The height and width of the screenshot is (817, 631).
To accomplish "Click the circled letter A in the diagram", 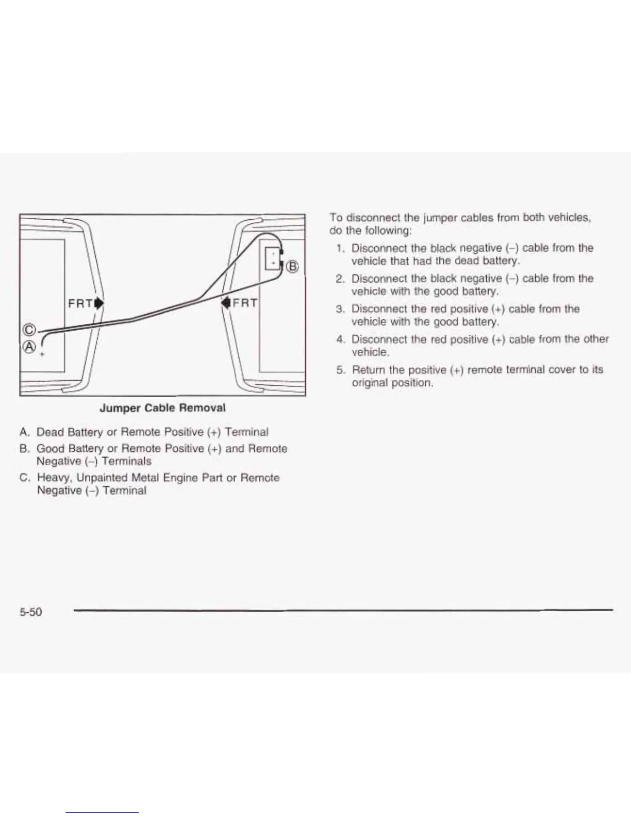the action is coord(29,347).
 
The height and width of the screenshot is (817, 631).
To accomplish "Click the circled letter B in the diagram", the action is coord(292,266).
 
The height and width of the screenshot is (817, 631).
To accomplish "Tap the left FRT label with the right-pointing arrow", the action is coord(86,303).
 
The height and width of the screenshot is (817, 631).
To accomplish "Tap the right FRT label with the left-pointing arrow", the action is coord(239,302).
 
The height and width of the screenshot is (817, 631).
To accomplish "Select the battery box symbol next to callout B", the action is coord(272,257).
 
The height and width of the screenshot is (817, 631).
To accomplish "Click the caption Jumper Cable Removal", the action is coord(162,408).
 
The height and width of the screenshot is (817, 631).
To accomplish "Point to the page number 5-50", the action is coord(30,612).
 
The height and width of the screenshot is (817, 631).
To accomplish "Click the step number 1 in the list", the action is coord(339,248).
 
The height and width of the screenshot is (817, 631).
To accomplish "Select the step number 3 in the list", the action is coord(339,309).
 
